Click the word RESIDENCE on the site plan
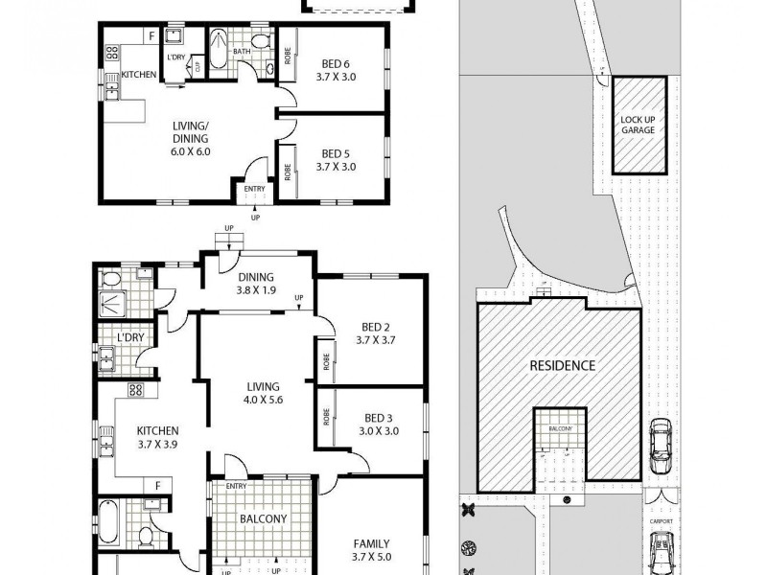563,365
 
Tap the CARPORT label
660,522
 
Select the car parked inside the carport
660,554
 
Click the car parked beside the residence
660,448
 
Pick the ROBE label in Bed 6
286,55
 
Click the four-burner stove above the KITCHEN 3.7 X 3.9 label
135,390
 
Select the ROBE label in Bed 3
326,417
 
